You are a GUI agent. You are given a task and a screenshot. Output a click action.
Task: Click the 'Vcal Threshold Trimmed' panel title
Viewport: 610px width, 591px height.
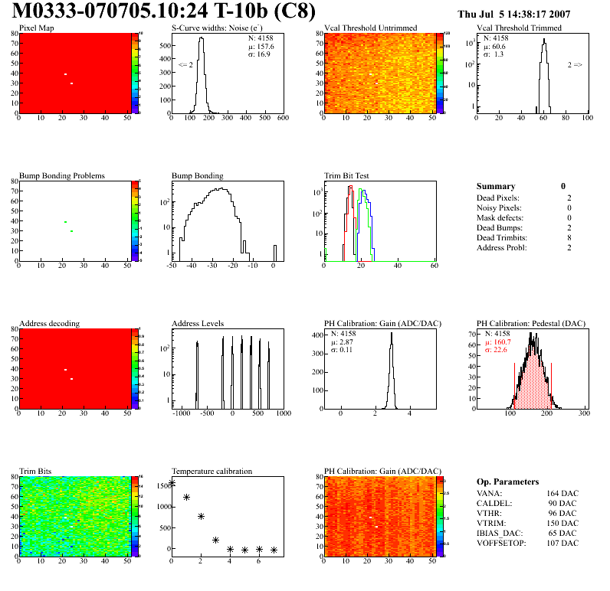[519, 28]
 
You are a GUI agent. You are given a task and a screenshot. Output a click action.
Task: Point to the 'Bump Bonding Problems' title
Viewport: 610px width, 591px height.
[62, 175]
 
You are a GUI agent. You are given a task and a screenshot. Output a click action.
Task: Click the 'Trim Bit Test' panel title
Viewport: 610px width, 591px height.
[347, 175]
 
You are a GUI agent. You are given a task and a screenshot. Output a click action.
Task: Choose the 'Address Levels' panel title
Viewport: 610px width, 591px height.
[198, 323]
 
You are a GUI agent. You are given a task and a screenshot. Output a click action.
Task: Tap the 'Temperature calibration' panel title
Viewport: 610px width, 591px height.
[212, 471]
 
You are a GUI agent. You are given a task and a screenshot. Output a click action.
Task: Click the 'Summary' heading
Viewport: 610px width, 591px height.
[496, 186]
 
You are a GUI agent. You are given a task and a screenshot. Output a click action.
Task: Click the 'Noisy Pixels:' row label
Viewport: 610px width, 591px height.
[500, 207]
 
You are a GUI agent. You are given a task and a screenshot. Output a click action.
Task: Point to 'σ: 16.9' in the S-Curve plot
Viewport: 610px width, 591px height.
[260, 54]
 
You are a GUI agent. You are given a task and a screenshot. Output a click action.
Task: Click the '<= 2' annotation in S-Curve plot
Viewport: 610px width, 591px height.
[185, 65]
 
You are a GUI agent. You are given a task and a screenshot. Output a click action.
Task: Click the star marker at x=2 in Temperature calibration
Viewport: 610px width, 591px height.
[201, 517]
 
